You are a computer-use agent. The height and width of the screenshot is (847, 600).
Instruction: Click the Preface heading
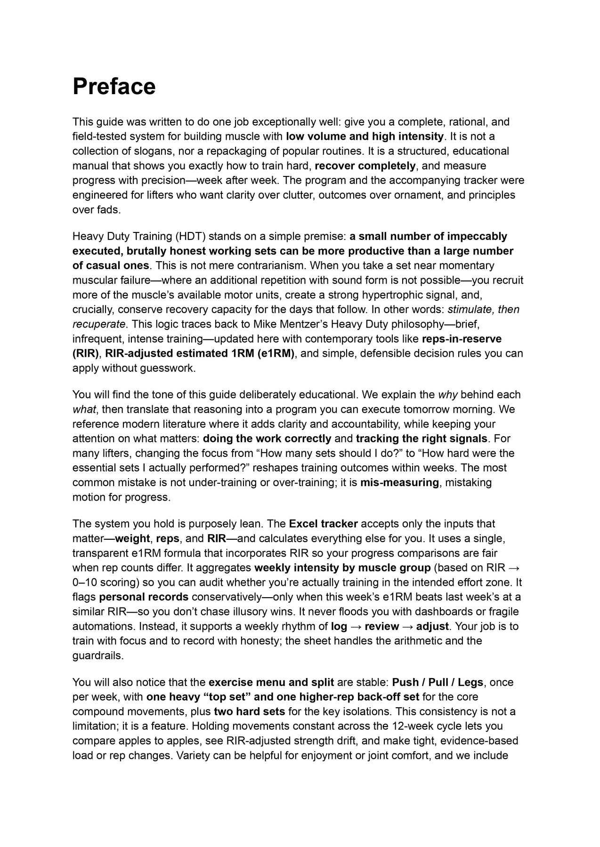(114, 87)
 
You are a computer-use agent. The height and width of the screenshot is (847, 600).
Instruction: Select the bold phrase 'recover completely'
(365, 166)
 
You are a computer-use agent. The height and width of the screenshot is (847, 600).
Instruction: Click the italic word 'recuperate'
(99, 324)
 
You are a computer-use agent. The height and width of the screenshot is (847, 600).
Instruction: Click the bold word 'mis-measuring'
(399, 483)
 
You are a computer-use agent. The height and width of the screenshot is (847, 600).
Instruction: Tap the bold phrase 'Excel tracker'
(323, 524)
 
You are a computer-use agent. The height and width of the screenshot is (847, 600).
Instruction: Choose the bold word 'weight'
(132, 538)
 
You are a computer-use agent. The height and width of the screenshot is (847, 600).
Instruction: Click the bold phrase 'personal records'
(144, 597)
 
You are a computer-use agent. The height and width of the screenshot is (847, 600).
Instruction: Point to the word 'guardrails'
(97, 655)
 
